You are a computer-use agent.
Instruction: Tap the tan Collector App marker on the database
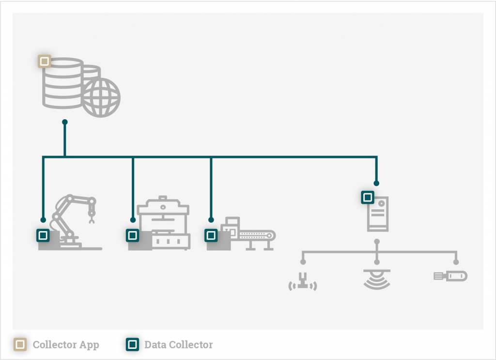coord(45,62)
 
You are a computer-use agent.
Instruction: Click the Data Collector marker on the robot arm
coord(43,235)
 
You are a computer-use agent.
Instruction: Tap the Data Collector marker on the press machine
coord(132,235)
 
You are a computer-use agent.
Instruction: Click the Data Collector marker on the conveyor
coord(211,235)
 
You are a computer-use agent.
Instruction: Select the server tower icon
coord(378,214)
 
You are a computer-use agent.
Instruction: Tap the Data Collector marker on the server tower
coord(368,197)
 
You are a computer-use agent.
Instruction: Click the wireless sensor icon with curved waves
coord(377,279)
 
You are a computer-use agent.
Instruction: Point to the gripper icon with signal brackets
coord(303,282)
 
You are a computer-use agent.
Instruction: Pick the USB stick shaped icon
coord(450,276)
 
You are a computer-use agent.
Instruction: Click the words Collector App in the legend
coord(66,345)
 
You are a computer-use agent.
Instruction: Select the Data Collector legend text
coord(178,345)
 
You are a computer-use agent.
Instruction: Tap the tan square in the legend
coord(20,344)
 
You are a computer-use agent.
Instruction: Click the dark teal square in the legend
coord(132,344)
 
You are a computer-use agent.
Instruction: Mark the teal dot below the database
coord(65,122)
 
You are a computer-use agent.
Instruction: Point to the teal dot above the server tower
coord(376,183)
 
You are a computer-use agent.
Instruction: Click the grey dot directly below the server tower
coord(377,241)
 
